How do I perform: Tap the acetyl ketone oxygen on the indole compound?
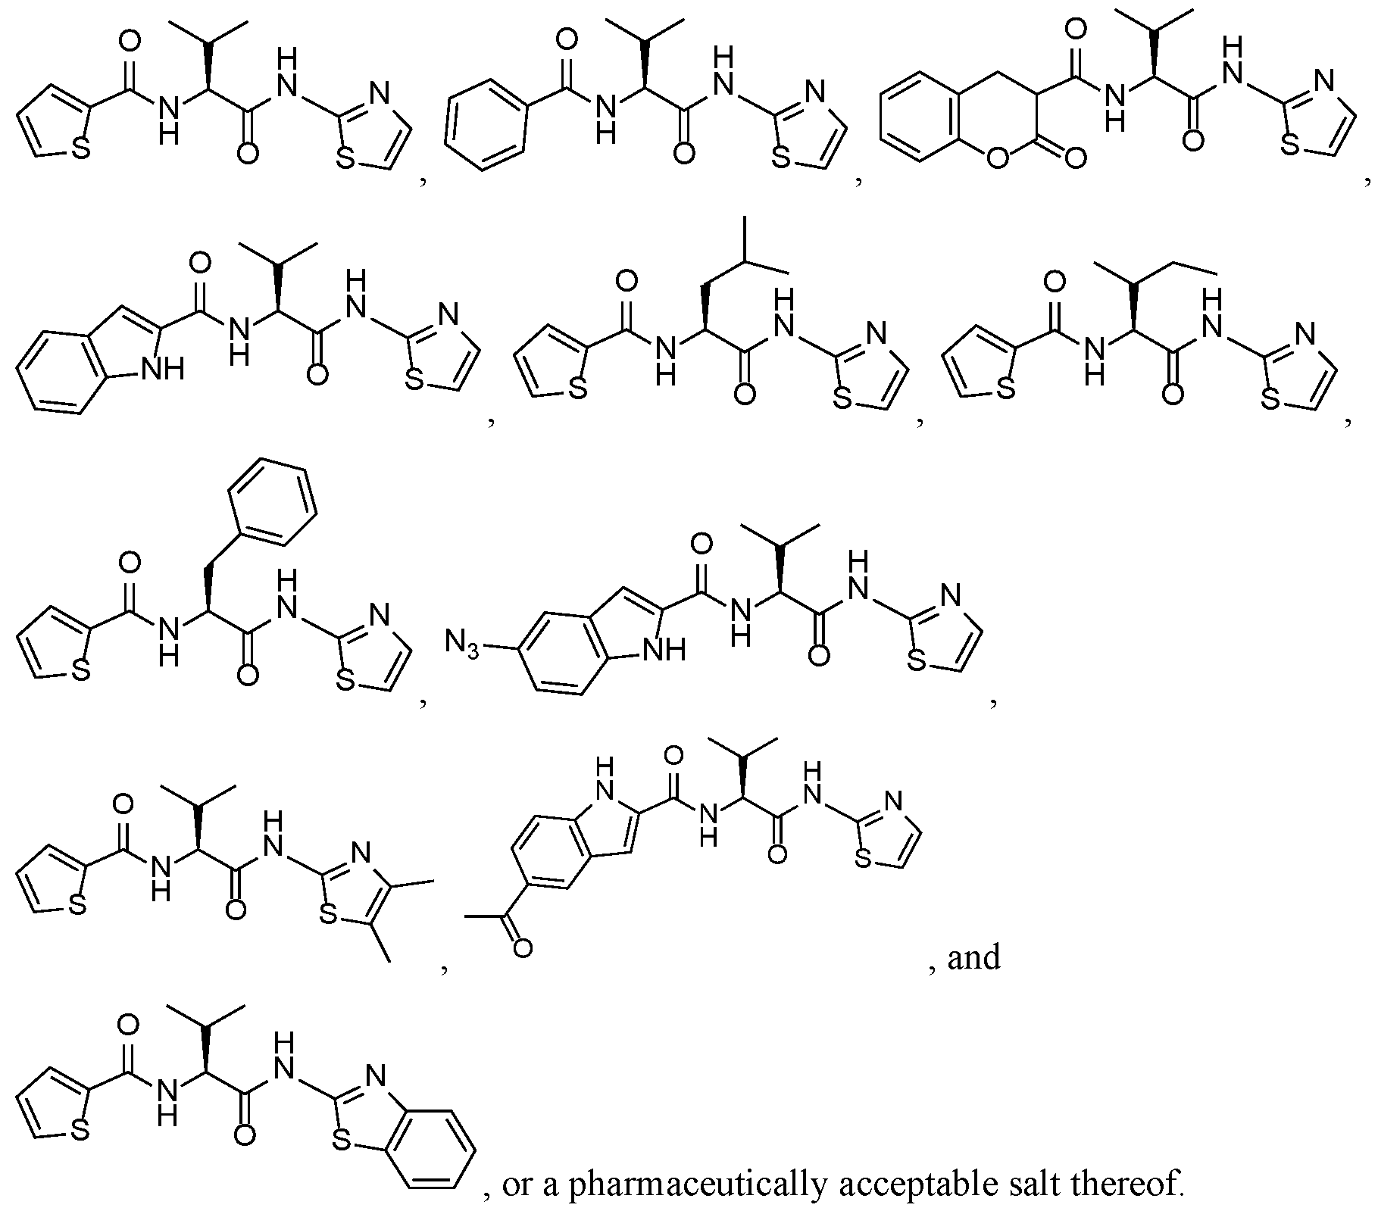coord(521,947)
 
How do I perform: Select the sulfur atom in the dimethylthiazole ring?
coord(328,917)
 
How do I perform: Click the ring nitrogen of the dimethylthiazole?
coord(361,854)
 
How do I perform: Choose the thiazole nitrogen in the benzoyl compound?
coord(814,94)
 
